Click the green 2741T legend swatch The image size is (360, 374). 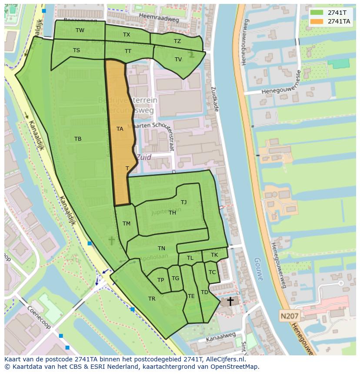tap(317, 13)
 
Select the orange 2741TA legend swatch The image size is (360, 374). tap(317, 21)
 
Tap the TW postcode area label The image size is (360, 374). tap(80, 30)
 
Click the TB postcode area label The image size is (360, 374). tap(78, 139)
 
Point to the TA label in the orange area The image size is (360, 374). tap(120, 129)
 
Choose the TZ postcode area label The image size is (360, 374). tap(177, 41)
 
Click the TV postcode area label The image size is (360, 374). tap(178, 60)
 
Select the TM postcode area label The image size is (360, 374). tap(127, 224)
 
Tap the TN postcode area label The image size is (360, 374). tap(161, 248)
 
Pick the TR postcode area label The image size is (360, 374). tap(152, 299)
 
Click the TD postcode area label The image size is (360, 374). tap(204, 292)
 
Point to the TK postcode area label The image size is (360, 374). tap(214, 255)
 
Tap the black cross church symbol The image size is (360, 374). tap(230, 301)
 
